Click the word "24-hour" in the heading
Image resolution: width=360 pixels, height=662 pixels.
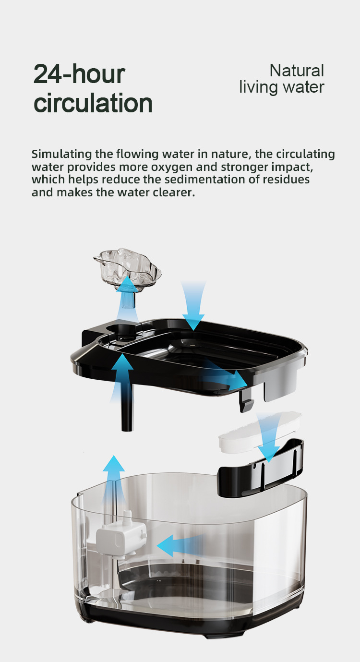coord(79,74)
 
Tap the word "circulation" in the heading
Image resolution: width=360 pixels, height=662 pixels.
coord(93,103)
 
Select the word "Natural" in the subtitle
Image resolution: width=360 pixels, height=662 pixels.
coord(297,71)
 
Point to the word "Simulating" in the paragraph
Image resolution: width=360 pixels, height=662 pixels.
coord(62,154)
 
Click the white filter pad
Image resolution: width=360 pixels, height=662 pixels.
coord(260,432)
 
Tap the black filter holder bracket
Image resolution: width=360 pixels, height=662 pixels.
coord(261,467)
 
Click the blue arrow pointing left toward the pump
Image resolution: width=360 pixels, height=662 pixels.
coord(180,545)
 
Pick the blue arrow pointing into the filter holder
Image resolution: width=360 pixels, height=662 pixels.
coord(268,437)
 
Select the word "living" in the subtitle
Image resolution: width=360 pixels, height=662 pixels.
coord(259,87)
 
